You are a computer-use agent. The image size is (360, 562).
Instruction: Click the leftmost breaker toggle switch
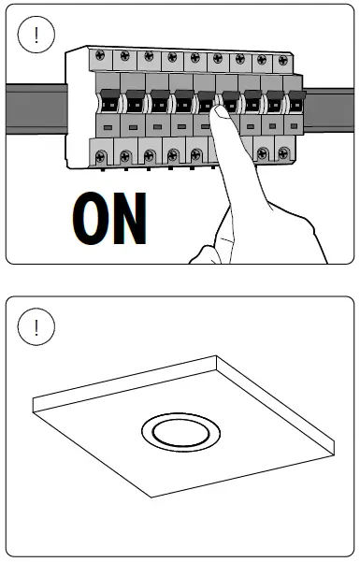pos(109,100)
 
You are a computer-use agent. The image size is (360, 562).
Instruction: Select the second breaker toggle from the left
pos(134,100)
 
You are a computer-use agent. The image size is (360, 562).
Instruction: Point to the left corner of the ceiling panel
pos(34,404)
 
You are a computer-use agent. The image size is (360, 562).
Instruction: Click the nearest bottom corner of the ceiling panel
pos(153,497)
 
